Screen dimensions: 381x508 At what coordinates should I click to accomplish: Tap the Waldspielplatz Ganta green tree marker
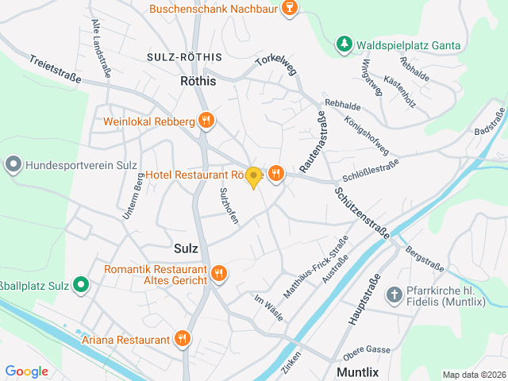tap(344, 44)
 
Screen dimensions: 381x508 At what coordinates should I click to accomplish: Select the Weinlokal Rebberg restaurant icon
tap(206, 121)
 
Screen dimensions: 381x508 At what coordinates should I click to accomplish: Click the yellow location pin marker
tap(253, 178)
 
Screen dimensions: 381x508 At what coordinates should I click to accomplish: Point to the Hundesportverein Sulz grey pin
tap(13, 166)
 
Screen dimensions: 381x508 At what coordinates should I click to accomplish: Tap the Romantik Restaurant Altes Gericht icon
tap(219, 274)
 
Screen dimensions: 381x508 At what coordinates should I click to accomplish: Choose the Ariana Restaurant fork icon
tap(183, 340)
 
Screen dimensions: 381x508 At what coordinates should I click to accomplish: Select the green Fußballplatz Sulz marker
tap(81, 283)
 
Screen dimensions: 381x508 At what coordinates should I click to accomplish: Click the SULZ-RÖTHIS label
tap(185, 58)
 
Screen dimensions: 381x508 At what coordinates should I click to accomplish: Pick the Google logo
tap(26, 371)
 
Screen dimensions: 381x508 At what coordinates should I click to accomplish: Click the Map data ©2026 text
tap(473, 375)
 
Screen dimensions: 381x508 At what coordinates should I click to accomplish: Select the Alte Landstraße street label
tap(101, 48)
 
